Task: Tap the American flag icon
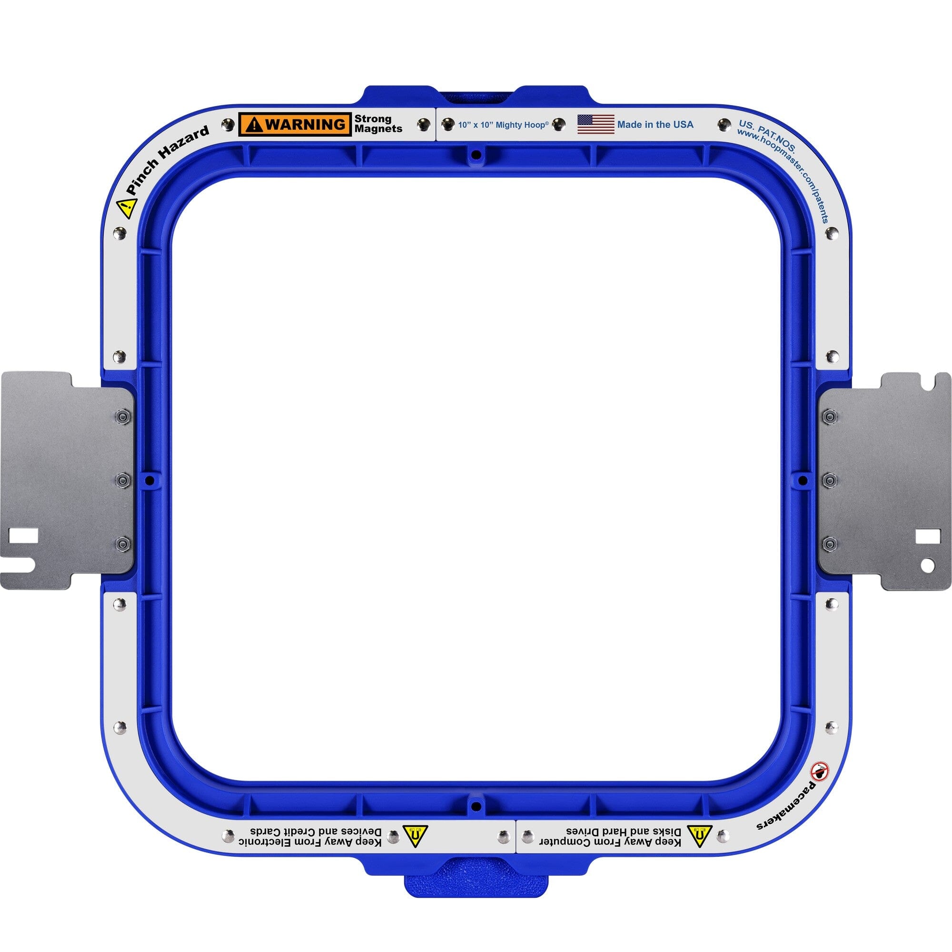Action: tap(596, 124)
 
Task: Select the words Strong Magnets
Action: tap(378, 124)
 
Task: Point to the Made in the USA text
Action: tap(655, 125)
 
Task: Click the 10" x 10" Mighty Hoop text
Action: tap(503, 125)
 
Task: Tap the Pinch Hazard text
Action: tap(168, 160)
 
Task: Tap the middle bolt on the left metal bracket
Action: tap(122, 479)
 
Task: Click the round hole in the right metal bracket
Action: tap(927, 565)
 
